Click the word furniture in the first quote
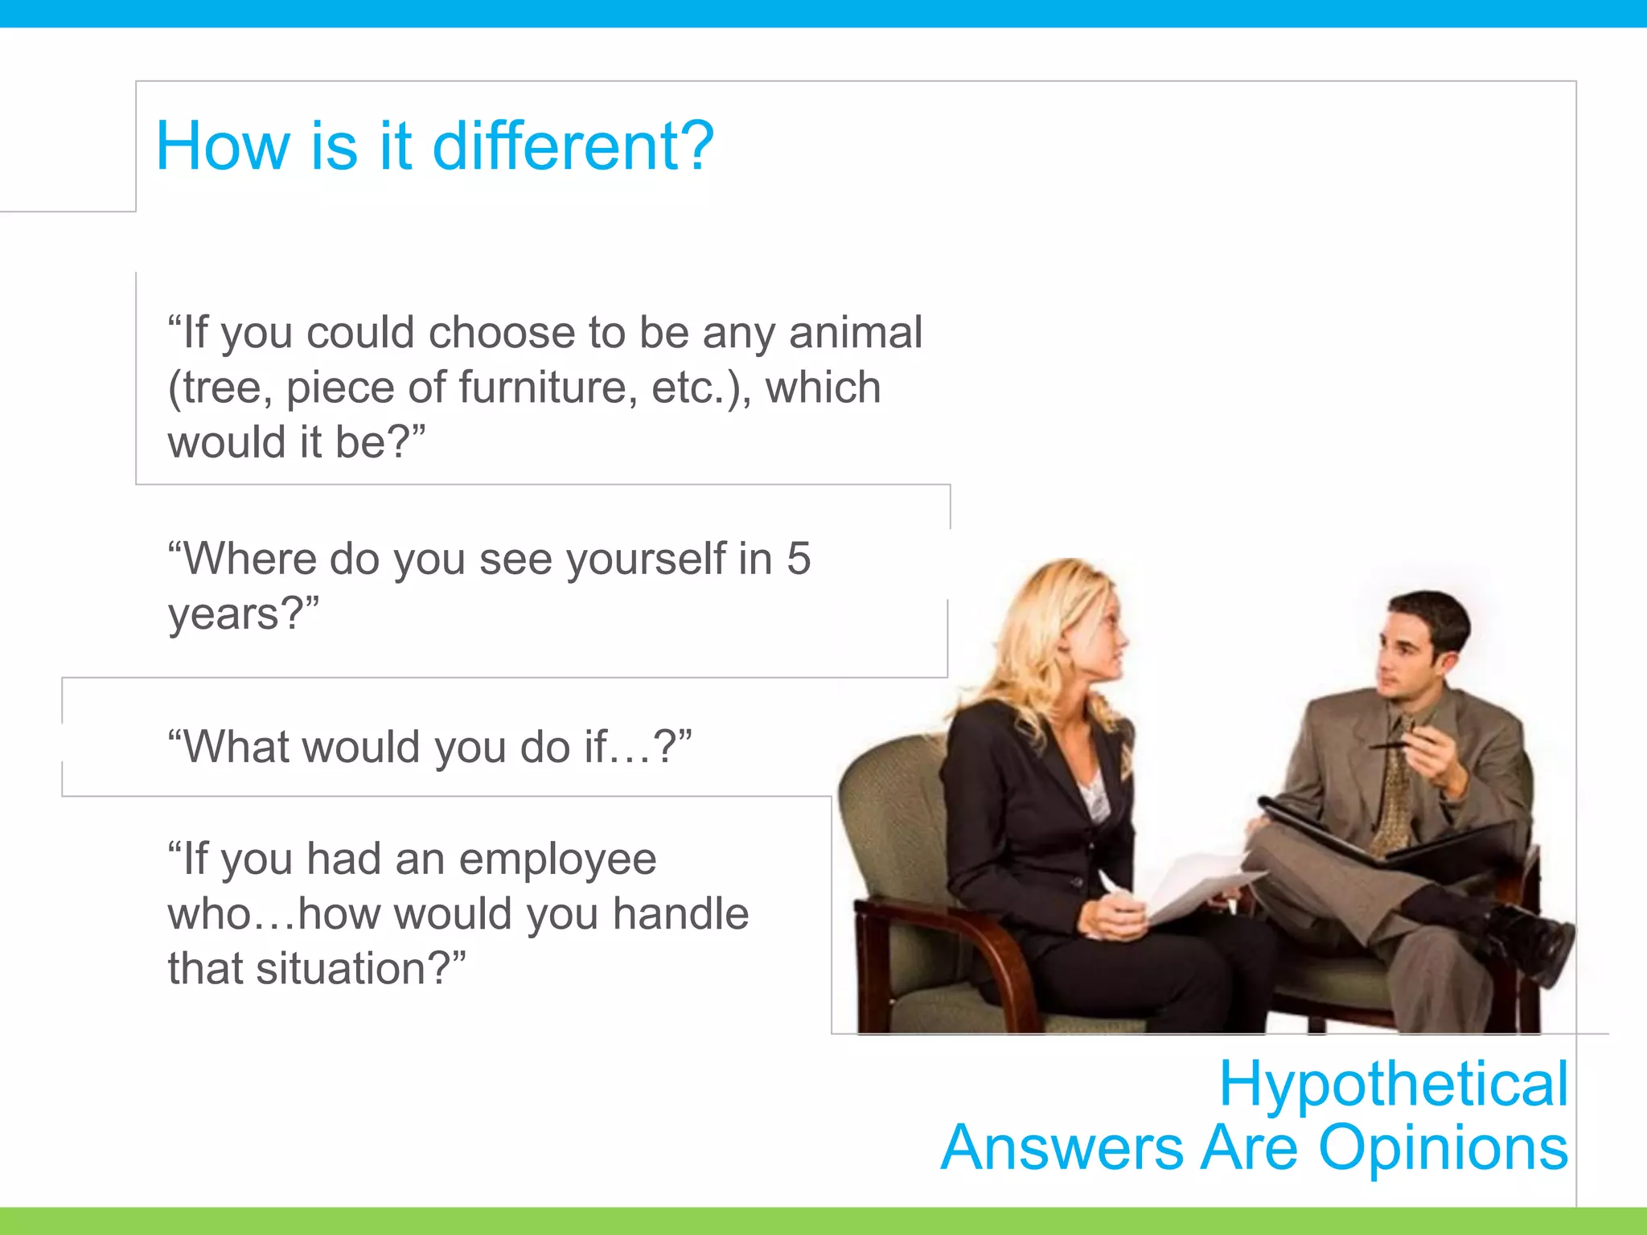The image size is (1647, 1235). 548,388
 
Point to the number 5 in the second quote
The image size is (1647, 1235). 798,558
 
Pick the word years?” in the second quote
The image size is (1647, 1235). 243,615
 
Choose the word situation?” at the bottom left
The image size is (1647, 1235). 361,968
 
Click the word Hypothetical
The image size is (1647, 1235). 1393,1084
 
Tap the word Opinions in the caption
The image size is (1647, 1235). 1443,1147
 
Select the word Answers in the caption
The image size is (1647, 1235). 1062,1147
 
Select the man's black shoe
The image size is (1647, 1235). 1532,941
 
